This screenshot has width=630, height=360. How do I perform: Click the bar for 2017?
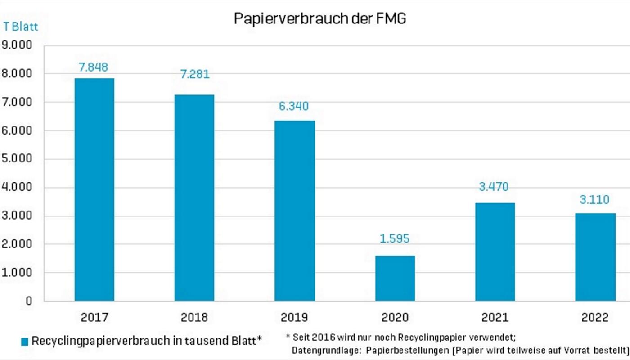pos(94,189)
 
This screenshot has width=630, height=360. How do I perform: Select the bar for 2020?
pos(395,278)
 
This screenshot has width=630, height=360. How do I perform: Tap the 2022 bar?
pos(595,257)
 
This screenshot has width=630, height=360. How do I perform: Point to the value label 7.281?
pos(195,74)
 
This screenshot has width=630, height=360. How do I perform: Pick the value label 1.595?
pos(395,238)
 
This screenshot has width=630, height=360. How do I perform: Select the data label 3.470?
pos(494,186)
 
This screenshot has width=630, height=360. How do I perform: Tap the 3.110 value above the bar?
pos(594,199)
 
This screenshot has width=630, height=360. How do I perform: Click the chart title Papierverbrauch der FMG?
pos(320,19)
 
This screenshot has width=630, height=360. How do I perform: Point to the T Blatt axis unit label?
pos(21,27)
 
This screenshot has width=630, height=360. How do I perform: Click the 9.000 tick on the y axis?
pos(17,45)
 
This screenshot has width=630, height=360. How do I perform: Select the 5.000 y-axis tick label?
pos(17,159)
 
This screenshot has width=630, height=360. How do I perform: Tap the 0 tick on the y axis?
pos(29,301)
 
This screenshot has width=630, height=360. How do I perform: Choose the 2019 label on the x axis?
pos(294,318)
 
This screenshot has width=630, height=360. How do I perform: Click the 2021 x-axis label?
pos(495,318)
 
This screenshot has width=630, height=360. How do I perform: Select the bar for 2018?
pos(194,198)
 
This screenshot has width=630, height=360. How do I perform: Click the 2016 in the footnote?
pos(323,337)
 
